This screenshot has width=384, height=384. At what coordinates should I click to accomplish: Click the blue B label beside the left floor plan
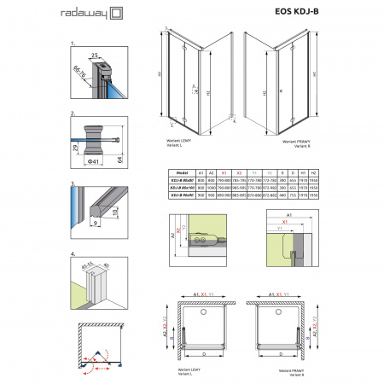click(168, 339)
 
